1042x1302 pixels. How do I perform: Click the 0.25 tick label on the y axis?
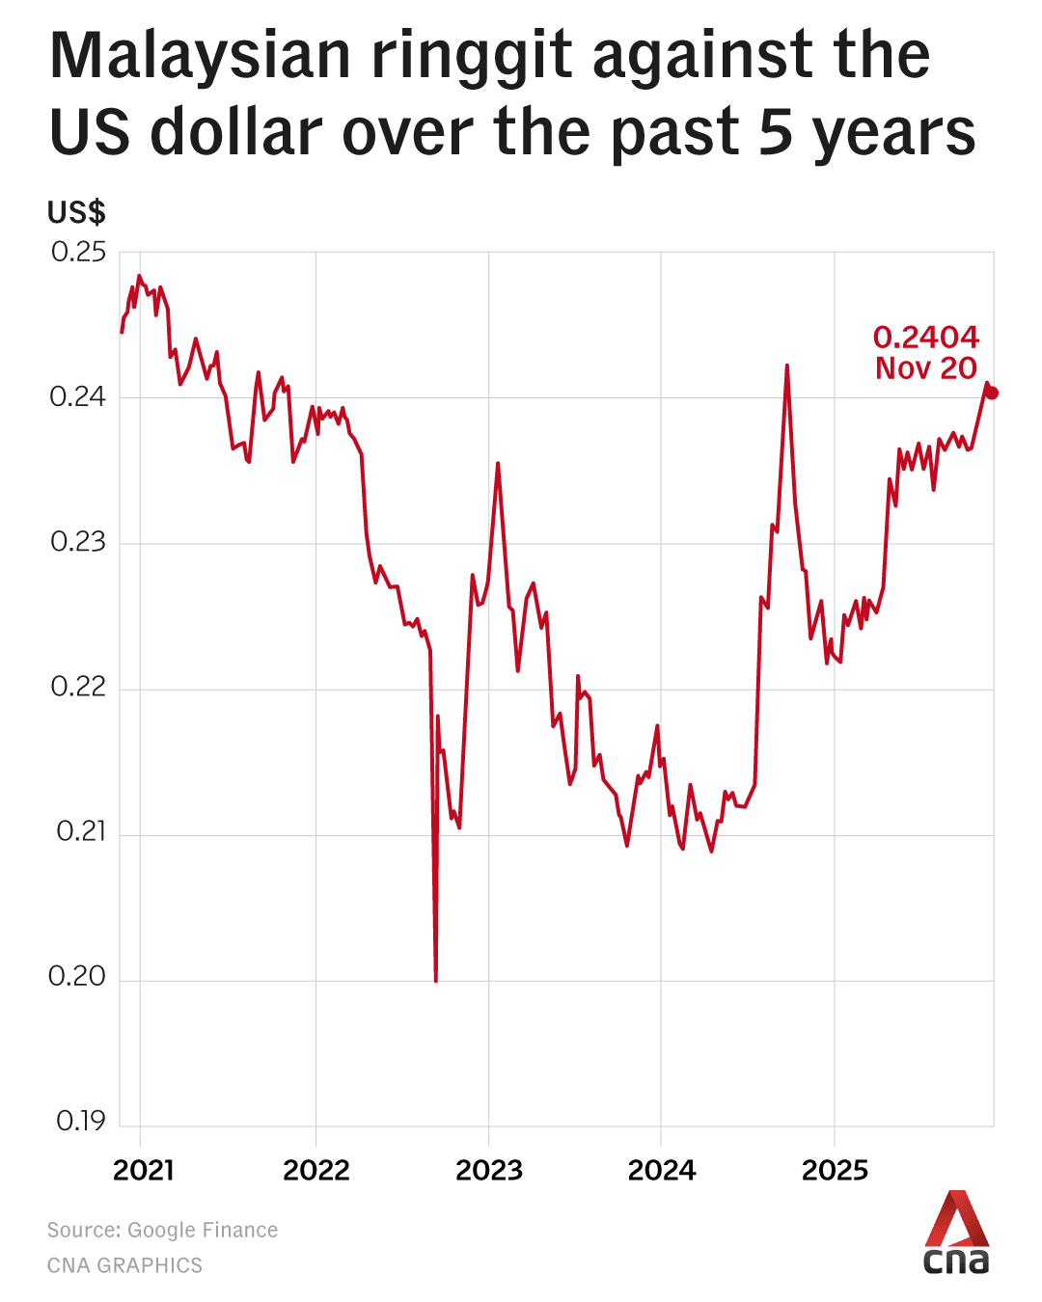[78, 253]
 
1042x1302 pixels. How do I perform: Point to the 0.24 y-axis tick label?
[78, 397]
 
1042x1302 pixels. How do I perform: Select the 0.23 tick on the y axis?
[78, 543]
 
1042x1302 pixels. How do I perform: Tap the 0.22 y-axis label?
[78, 688]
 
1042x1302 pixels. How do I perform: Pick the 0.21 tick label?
[80, 832]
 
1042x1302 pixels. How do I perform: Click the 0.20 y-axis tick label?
[77, 977]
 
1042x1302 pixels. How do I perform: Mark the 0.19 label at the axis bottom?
[80, 1122]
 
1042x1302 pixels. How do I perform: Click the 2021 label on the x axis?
[144, 1171]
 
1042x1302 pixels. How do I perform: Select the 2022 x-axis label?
[316, 1171]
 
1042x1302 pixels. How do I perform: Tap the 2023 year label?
[489, 1171]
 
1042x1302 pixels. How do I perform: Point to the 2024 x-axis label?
[662, 1171]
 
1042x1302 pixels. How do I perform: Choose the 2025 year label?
[836, 1171]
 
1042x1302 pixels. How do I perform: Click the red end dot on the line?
[992, 393]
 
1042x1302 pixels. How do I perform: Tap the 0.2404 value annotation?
[926, 338]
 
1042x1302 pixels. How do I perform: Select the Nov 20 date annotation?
[926, 368]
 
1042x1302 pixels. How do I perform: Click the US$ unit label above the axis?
[76, 212]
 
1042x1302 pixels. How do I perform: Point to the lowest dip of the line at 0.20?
[436, 980]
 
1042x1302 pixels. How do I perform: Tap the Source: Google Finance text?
[162, 1231]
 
